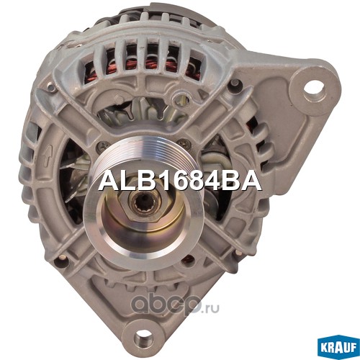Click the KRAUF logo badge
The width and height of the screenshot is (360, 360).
[339, 348]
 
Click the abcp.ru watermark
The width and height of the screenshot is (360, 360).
[176, 303]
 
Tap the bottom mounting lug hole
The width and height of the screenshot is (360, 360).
[144, 339]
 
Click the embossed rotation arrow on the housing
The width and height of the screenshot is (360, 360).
[47, 157]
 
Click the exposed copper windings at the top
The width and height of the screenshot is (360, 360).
[144, 65]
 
